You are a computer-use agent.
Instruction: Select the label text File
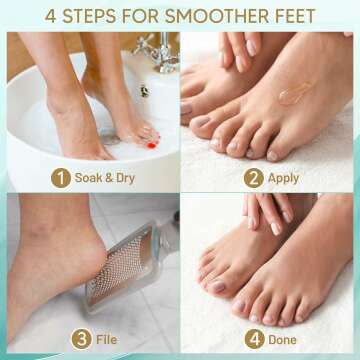click(106, 340)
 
